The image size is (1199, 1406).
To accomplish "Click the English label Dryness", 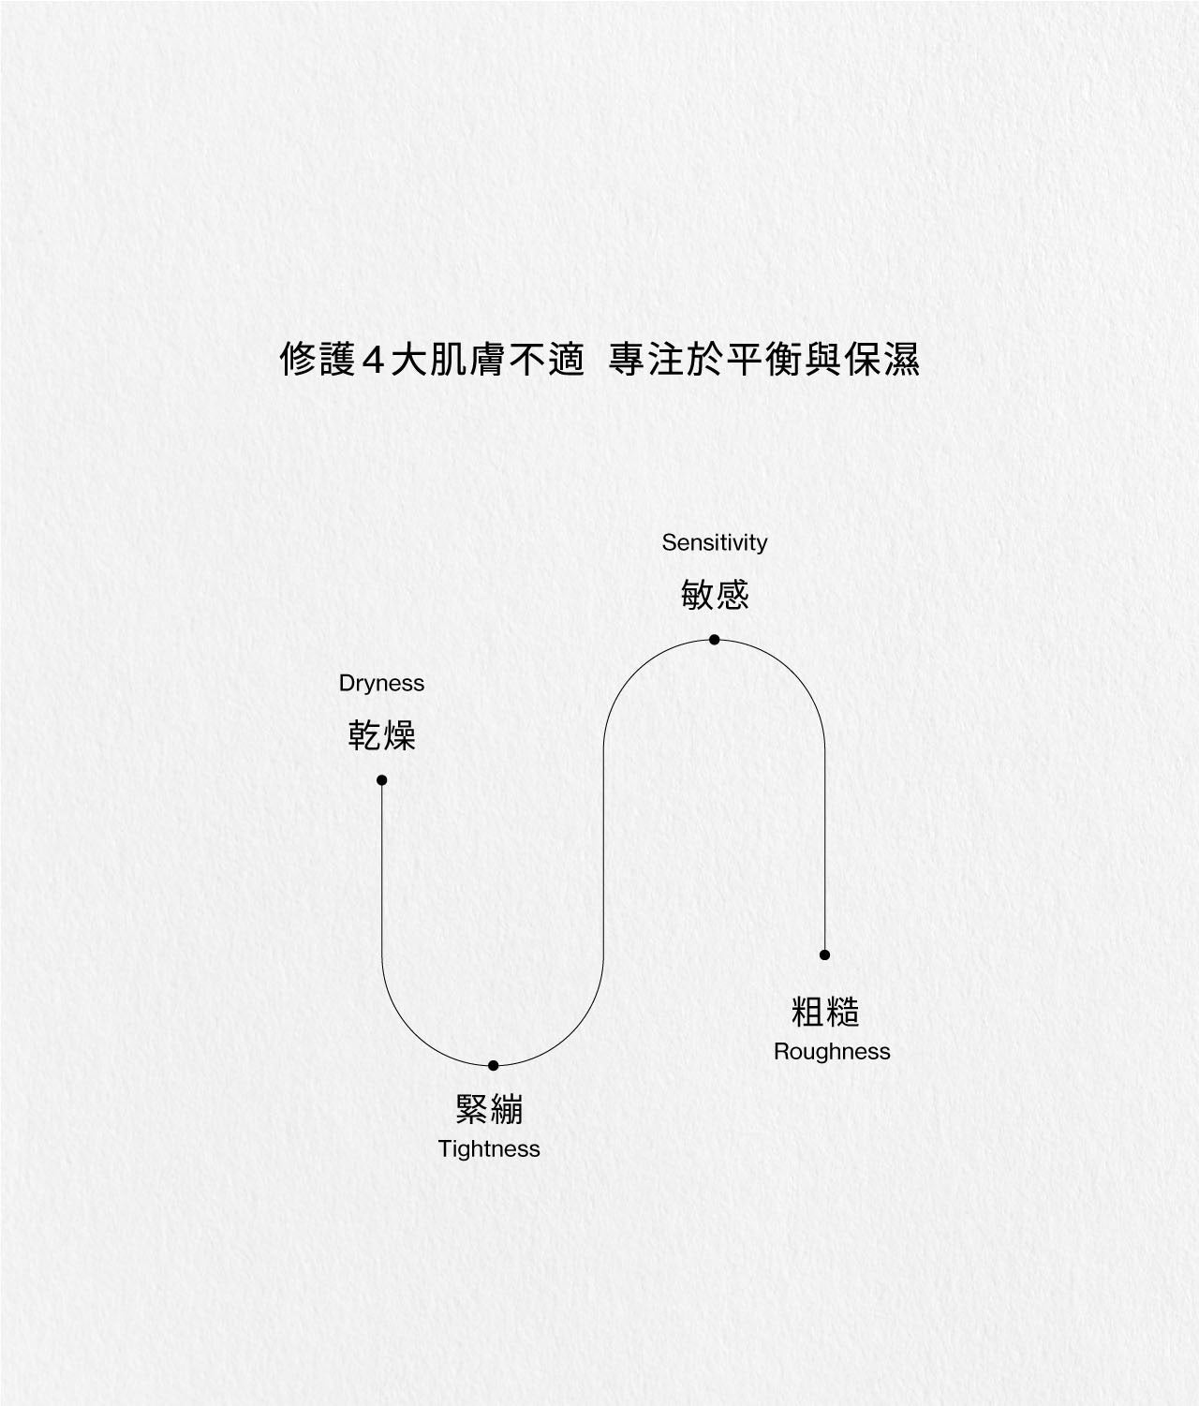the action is coord(381,684).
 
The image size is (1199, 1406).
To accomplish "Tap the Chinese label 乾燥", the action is coord(381,735).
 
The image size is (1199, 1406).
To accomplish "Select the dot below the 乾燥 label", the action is coord(381,780).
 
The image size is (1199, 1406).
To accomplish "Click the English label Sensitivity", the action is coord(714,542).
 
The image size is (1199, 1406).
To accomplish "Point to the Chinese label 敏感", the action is coord(715,595).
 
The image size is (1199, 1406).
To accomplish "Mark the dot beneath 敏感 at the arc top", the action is coord(714,640).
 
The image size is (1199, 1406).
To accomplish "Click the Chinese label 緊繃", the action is coord(489,1109).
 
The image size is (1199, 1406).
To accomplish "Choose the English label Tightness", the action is coord(489,1149).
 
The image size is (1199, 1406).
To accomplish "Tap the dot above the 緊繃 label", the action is coord(493,1065).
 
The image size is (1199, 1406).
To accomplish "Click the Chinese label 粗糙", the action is coord(825,1012).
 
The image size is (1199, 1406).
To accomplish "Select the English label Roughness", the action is coord(832,1052).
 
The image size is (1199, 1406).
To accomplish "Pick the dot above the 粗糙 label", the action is coord(824,955).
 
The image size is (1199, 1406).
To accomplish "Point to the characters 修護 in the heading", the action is coord(318,359).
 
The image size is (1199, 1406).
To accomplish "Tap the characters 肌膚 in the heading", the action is coord(466,359).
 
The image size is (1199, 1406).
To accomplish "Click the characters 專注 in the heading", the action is coord(646,359).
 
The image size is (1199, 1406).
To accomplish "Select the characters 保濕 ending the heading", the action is coord(882,359).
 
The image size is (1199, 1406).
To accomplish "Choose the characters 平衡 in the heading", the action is coord(764,359).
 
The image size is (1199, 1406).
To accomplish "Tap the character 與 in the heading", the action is coord(823,359).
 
